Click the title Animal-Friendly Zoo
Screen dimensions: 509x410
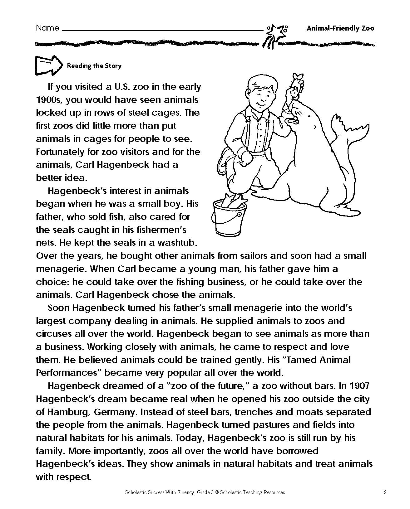[340, 28]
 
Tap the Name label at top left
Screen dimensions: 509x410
[47, 28]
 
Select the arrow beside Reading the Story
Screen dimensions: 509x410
[47, 65]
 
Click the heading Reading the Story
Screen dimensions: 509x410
[94, 66]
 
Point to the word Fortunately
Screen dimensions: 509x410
[62, 152]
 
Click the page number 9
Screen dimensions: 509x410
[385, 492]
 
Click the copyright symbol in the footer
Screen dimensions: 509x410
[216, 492]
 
